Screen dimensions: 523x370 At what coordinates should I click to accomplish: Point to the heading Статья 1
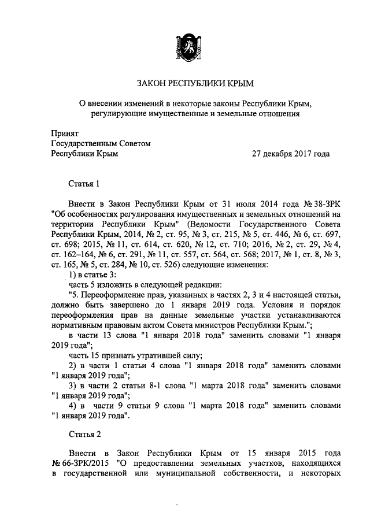click(x=85, y=184)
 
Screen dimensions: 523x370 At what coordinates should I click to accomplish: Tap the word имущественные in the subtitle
click(x=177, y=114)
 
